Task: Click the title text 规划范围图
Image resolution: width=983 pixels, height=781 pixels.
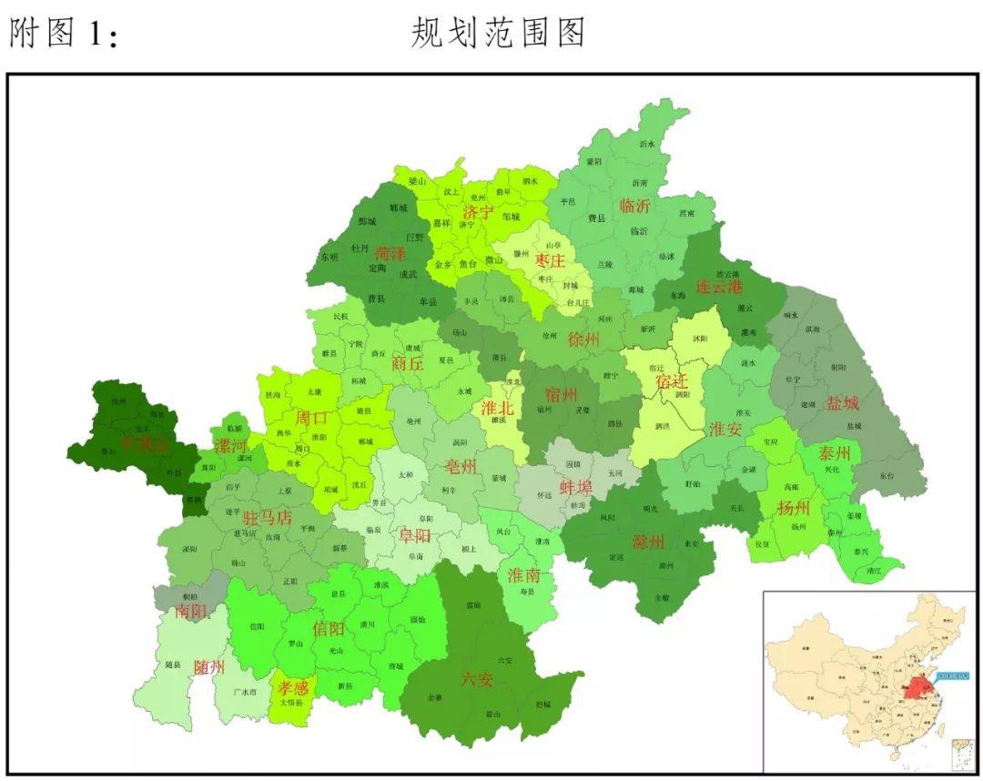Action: [497, 33]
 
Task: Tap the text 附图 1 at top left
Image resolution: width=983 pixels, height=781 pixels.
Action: [64, 34]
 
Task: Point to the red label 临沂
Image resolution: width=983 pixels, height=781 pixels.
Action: [634, 206]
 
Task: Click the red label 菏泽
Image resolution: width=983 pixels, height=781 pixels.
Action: [390, 253]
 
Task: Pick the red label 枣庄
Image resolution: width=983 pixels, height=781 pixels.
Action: [550, 261]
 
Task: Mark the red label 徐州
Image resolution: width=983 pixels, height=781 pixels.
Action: [583, 340]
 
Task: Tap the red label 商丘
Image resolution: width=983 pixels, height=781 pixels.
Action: [408, 362]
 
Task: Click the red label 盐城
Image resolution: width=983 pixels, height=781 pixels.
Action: [842, 403]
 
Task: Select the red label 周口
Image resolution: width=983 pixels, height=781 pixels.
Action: [311, 419]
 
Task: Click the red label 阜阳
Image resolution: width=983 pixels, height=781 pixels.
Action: [415, 535]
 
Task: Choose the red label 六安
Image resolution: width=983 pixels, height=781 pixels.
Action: [477, 678]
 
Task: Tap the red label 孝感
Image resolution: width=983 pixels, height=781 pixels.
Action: [293, 688]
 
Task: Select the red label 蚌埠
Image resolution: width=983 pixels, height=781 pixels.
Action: [575, 487]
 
